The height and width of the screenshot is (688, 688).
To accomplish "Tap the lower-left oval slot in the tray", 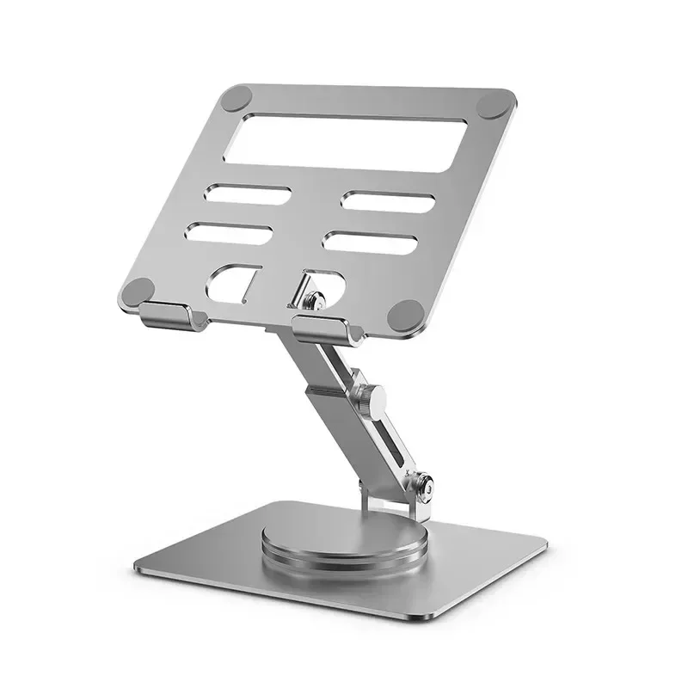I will (230, 232).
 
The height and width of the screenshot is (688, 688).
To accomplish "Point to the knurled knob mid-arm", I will (372, 397).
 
